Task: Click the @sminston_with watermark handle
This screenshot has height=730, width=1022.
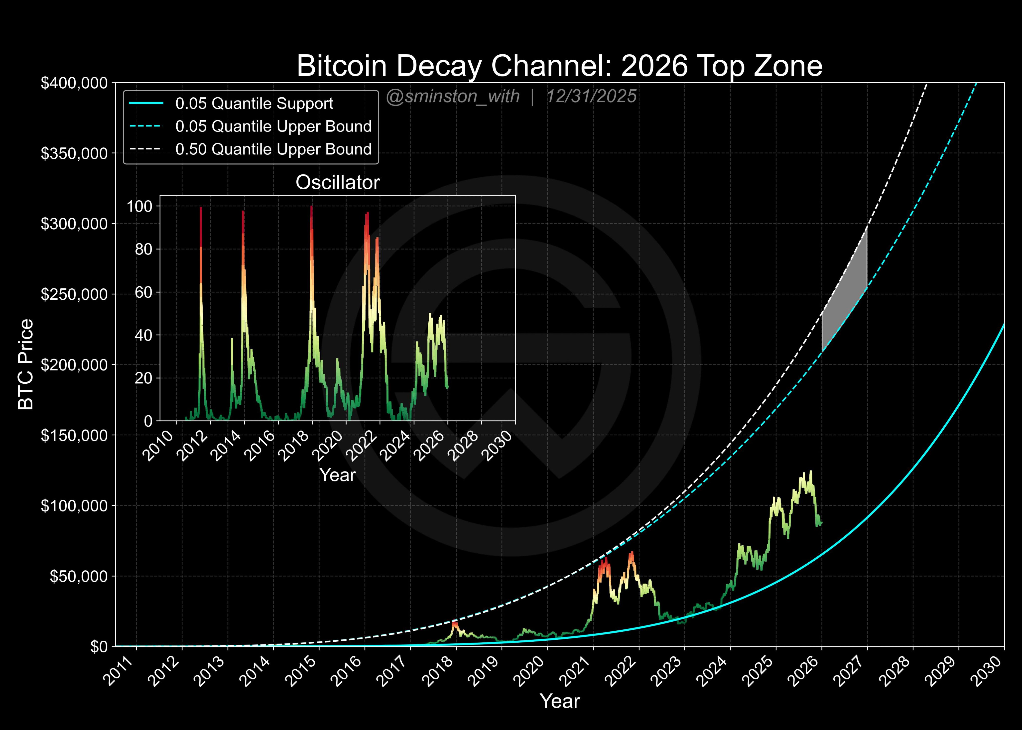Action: (453, 97)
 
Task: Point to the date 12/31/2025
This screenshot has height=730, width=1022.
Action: (591, 97)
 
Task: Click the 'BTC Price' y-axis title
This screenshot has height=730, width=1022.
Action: (26, 364)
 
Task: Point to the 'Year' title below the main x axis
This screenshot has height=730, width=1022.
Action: (560, 701)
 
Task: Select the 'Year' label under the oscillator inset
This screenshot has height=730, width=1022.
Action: (338, 475)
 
